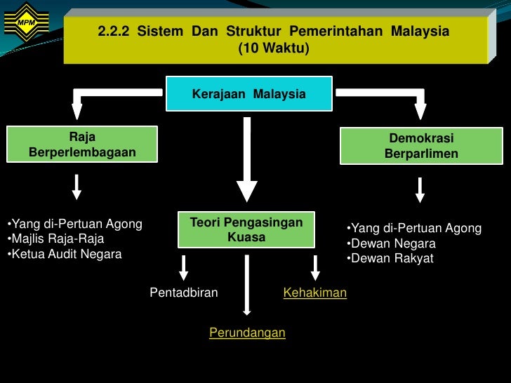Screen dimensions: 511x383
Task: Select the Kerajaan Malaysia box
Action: pyautogui.click(x=249, y=94)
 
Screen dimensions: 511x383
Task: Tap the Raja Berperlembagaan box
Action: pyautogui.click(x=82, y=145)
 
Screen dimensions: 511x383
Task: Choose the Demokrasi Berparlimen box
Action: pyautogui.click(x=421, y=146)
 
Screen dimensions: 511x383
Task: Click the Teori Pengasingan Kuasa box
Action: pyautogui.click(x=246, y=230)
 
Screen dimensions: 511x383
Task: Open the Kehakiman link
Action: pyautogui.click(x=315, y=293)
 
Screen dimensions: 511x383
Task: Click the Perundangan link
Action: pyautogui.click(x=247, y=332)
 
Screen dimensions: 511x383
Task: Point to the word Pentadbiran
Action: pyautogui.click(x=184, y=293)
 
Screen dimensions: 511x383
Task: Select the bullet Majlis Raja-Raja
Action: pyautogui.click(x=56, y=239)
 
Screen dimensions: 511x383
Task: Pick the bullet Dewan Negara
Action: pyautogui.click(x=392, y=243)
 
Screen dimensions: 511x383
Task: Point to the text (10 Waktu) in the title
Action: pyautogui.click(x=273, y=48)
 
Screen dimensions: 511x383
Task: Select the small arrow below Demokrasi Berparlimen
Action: pyautogui.click(x=420, y=189)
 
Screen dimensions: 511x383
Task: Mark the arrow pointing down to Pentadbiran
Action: pyautogui.click(x=184, y=268)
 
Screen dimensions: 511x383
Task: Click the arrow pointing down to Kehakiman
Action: pyautogui.click(x=315, y=268)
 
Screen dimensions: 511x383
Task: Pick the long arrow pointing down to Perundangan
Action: pyautogui.click(x=246, y=284)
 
